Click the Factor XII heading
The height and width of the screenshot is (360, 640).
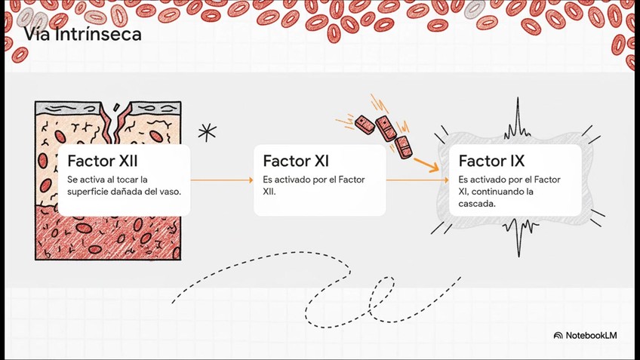click(x=103, y=161)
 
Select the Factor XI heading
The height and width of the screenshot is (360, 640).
click(x=296, y=161)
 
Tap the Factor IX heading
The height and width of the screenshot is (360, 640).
click(x=491, y=161)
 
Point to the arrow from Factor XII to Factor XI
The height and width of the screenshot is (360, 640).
click(x=221, y=180)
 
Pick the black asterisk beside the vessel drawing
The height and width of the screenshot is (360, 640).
click(x=207, y=133)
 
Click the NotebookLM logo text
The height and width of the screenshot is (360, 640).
click(x=591, y=335)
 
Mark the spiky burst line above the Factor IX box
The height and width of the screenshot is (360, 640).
click(x=518, y=121)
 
